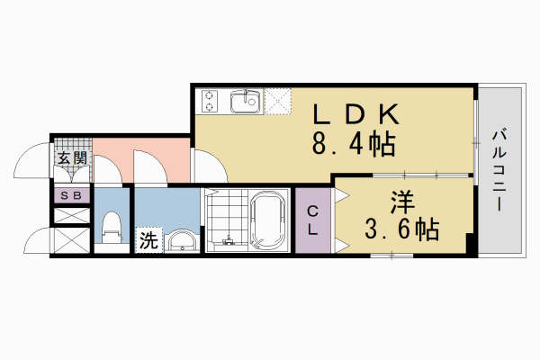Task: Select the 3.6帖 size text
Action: click(x=401, y=229)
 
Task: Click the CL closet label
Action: click(x=313, y=220)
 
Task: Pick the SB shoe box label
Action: click(x=71, y=195)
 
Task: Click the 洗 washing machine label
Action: click(x=146, y=240)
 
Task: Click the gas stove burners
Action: click(x=211, y=102)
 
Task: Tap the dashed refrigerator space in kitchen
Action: click(x=277, y=102)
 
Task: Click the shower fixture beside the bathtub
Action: click(x=225, y=241)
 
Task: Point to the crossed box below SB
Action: click(x=71, y=216)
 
